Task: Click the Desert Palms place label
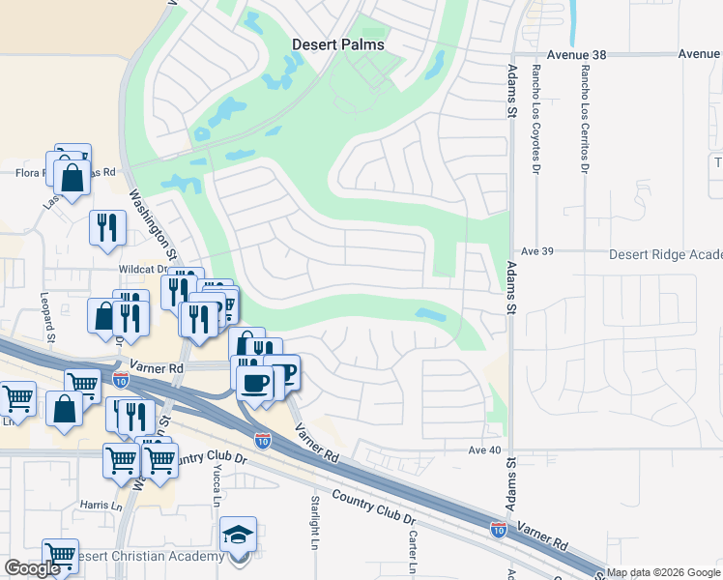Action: (338, 44)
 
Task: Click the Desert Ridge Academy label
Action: (665, 254)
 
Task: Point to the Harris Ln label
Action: (101, 505)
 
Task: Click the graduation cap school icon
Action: (238, 534)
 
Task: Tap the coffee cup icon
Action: (255, 383)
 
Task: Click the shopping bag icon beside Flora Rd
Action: (72, 177)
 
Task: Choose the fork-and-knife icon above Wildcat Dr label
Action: (106, 227)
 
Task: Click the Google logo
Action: (32, 568)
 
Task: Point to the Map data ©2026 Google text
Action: (663, 572)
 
